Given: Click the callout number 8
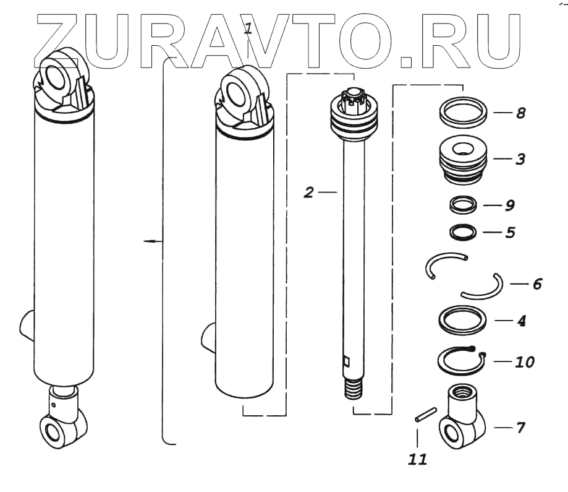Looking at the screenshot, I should (520, 114).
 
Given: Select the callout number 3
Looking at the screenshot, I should (520, 158).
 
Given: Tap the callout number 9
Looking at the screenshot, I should (510, 205).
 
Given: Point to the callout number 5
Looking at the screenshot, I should (510, 234).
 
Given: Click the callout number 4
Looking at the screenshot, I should (521, 322).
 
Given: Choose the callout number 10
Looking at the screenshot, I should (525, 360).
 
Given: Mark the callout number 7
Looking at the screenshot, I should (520, 427).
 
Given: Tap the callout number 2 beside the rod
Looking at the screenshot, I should (309, 192).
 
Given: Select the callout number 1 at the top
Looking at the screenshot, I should (248, 28).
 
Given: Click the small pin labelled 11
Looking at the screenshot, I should (426, 414).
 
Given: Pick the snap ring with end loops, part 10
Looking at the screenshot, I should (460, 360).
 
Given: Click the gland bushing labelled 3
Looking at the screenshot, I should (463, 160).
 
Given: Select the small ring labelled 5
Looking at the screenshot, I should (463, 233).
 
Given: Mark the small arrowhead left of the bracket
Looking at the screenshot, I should (148, 241).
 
